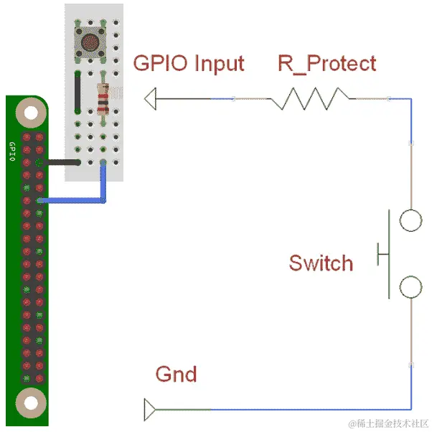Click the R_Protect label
tap(327, 63)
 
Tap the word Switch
tap(321, 263)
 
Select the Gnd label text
tap(176, 375)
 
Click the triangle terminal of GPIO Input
tap(150, 98)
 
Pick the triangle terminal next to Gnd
tap(150, 410)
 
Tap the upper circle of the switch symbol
tap(410, 220)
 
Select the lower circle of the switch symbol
tap(410, 286)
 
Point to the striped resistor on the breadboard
tap(103, 100)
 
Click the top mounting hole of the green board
tap(29, 112)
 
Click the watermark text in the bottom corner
tap(388, 421)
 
